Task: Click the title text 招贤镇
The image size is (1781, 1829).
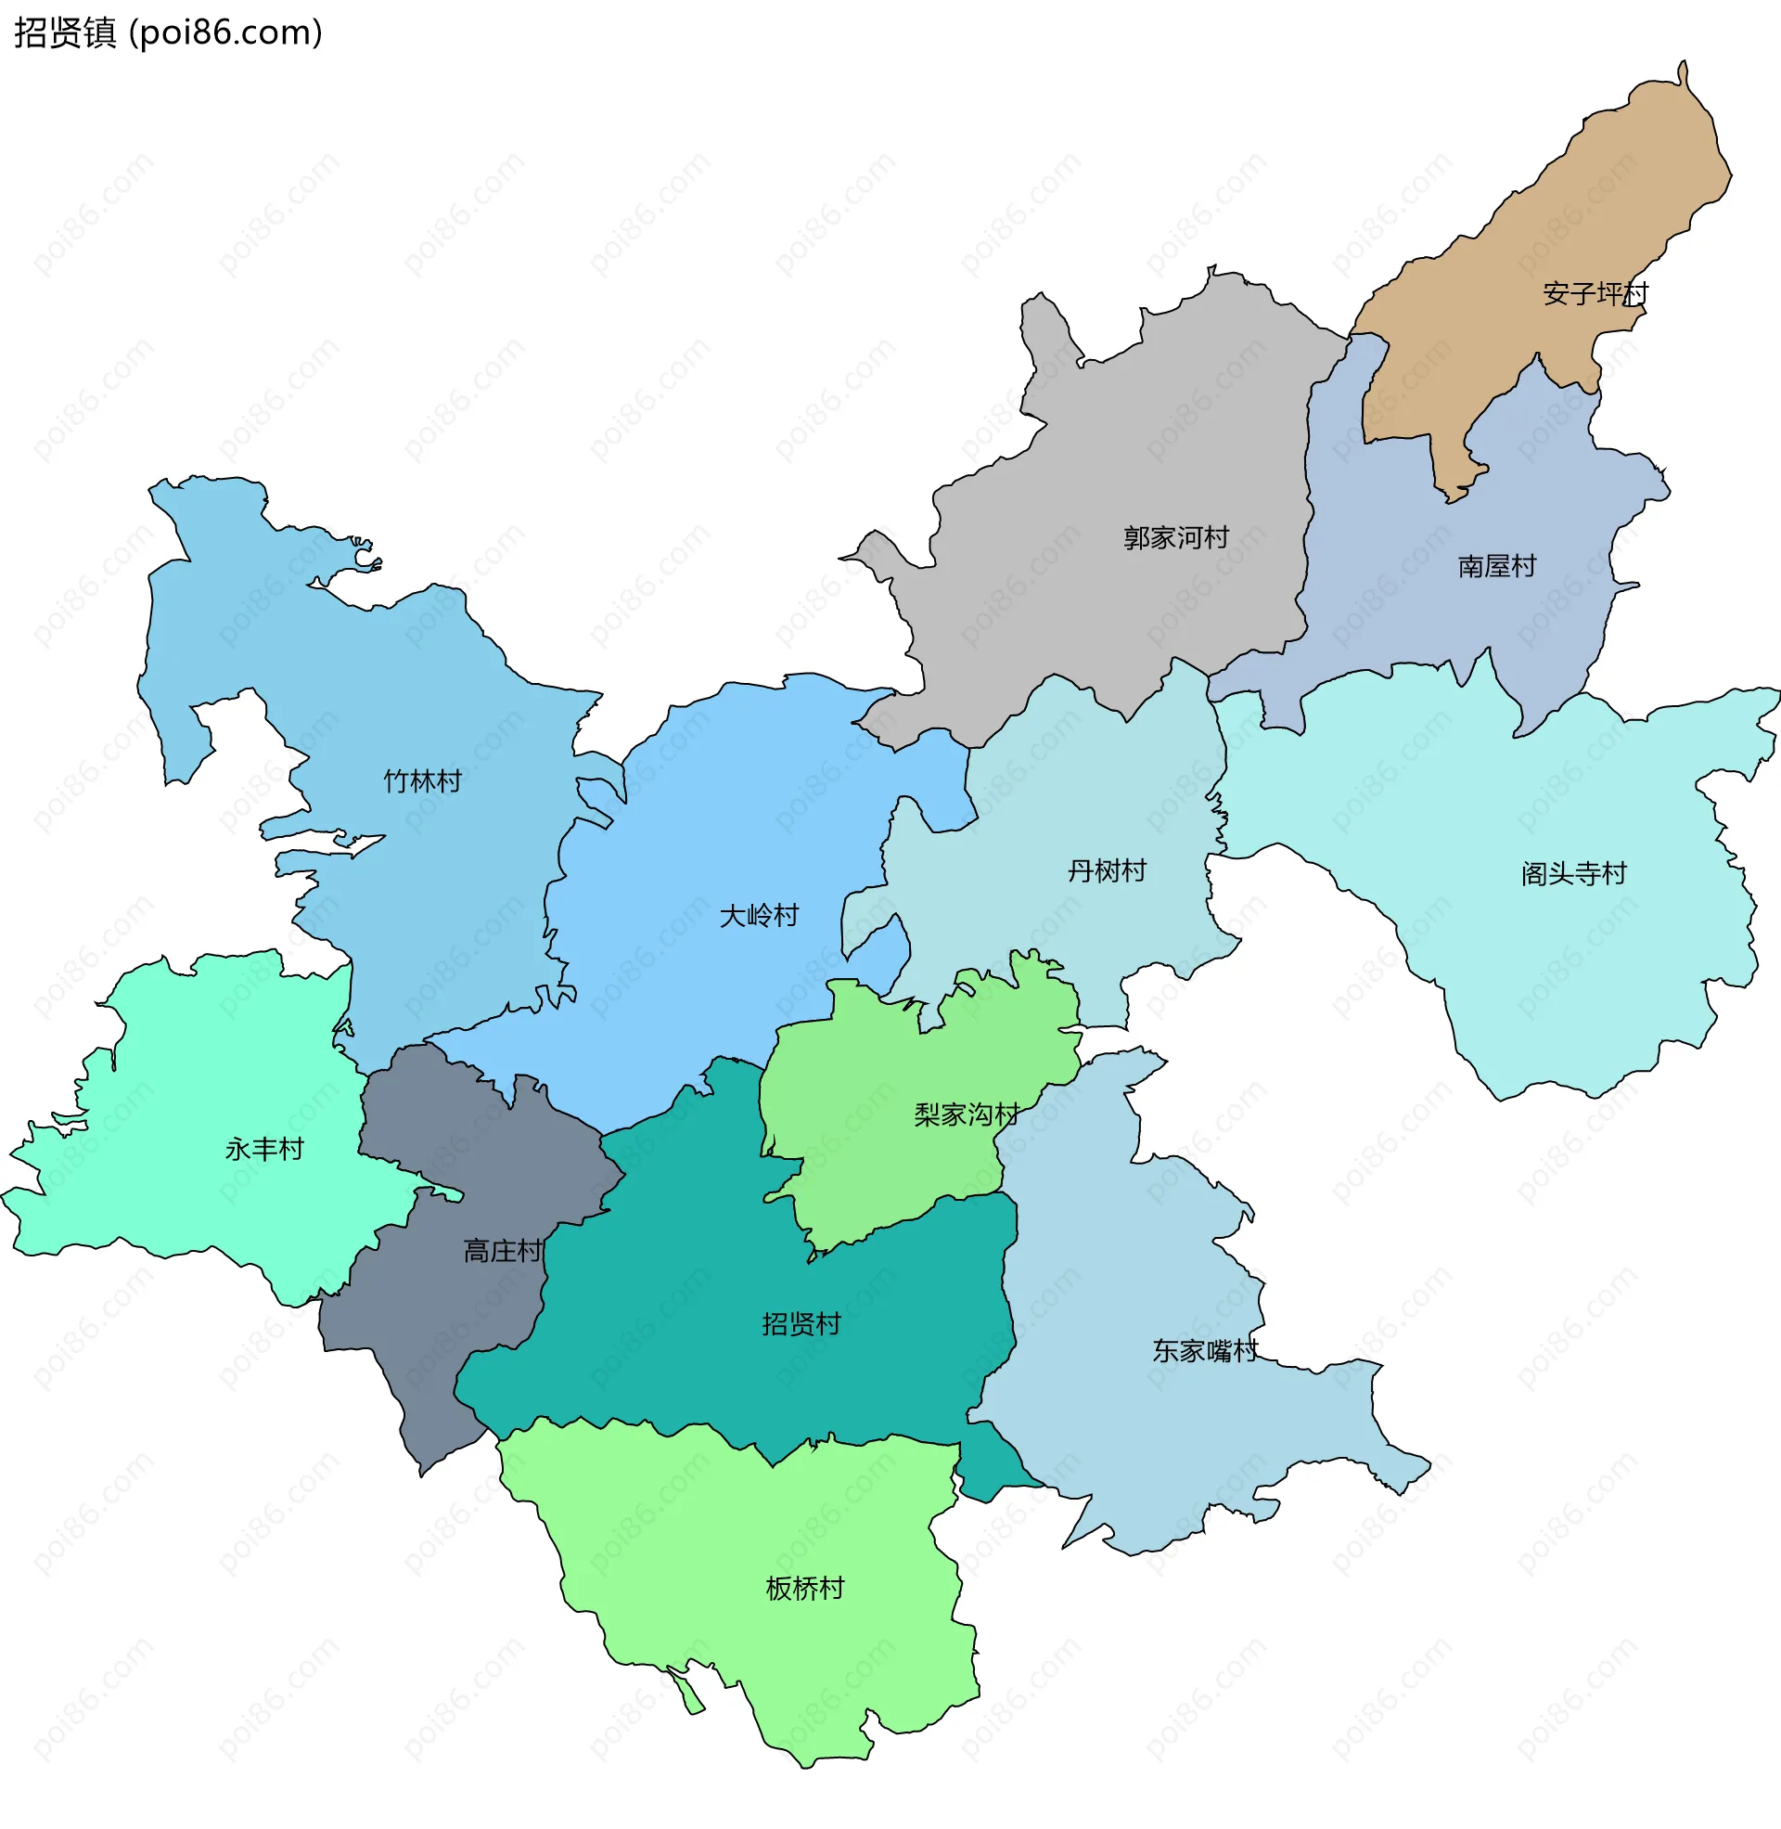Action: (x=65, y=32)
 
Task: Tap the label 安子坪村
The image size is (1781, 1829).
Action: (x=1595, y=294)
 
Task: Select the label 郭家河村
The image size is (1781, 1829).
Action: (x=1176, y=538)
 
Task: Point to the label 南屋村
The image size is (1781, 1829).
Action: (x=1496, y=566)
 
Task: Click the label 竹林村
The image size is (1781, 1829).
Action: (x=423, y=781)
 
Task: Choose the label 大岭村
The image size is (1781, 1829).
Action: (x=759, y=916)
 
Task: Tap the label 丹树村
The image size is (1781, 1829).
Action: (x=1107, y=871)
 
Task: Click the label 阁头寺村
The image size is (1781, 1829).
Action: (x=1573, y=874)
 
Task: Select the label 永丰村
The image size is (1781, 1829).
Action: (x=264, y=1149)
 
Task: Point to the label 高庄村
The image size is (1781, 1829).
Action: (x=503, y=1251)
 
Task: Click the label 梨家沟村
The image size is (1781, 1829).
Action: (x=967, y=1114)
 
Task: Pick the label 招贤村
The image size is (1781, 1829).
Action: (x=801, y=1324)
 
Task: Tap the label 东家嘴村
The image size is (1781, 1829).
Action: (x=1205, y=1351)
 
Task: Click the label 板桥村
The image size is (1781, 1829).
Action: (x=804, y=1589)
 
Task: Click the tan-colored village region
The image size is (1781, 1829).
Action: (x=1534, y=215)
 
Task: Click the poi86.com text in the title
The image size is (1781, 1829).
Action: (x=225, y=32)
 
